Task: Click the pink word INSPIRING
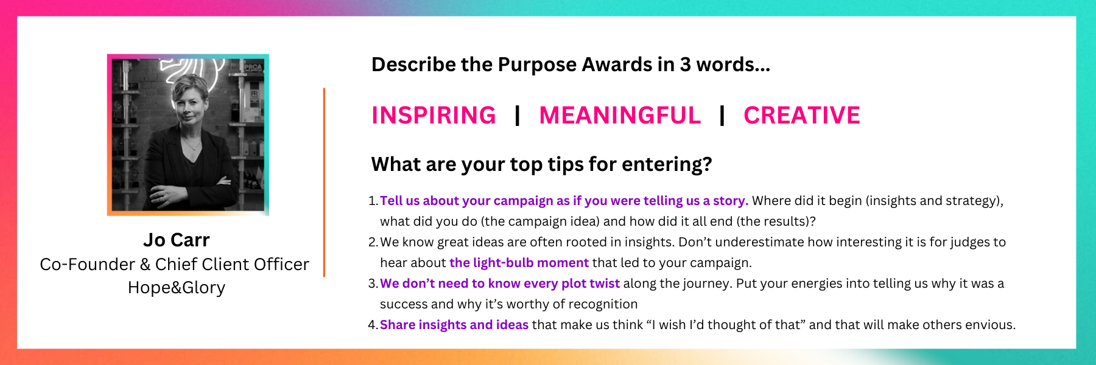point(434,116)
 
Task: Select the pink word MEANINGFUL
point(620,116)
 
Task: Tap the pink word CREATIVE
point(802,116)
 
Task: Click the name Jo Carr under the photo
point(177,240)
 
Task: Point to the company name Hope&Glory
point(177,287)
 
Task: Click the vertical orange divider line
point(324,182)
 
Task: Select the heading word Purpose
point(537,64)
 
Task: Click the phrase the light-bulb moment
point(519,263)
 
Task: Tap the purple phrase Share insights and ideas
point(454,325)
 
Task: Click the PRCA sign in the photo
point(253,68)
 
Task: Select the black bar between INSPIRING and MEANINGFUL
point(517,116)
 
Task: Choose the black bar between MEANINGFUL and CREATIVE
point(722,116)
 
